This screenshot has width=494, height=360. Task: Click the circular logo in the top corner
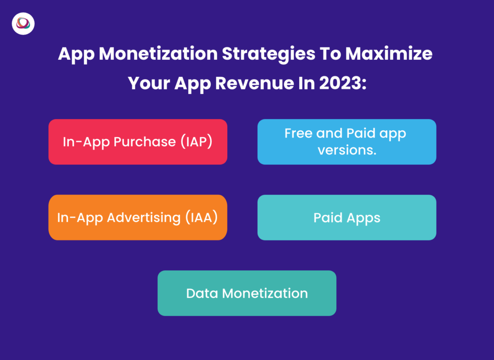[23, 24]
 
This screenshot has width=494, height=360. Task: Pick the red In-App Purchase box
[137, 142]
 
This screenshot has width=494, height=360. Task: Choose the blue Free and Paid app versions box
[346, 142]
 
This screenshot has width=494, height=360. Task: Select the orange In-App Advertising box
[137, 218]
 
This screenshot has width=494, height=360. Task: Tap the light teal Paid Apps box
[346, 218]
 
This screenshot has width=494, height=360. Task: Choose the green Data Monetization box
[247, 293]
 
